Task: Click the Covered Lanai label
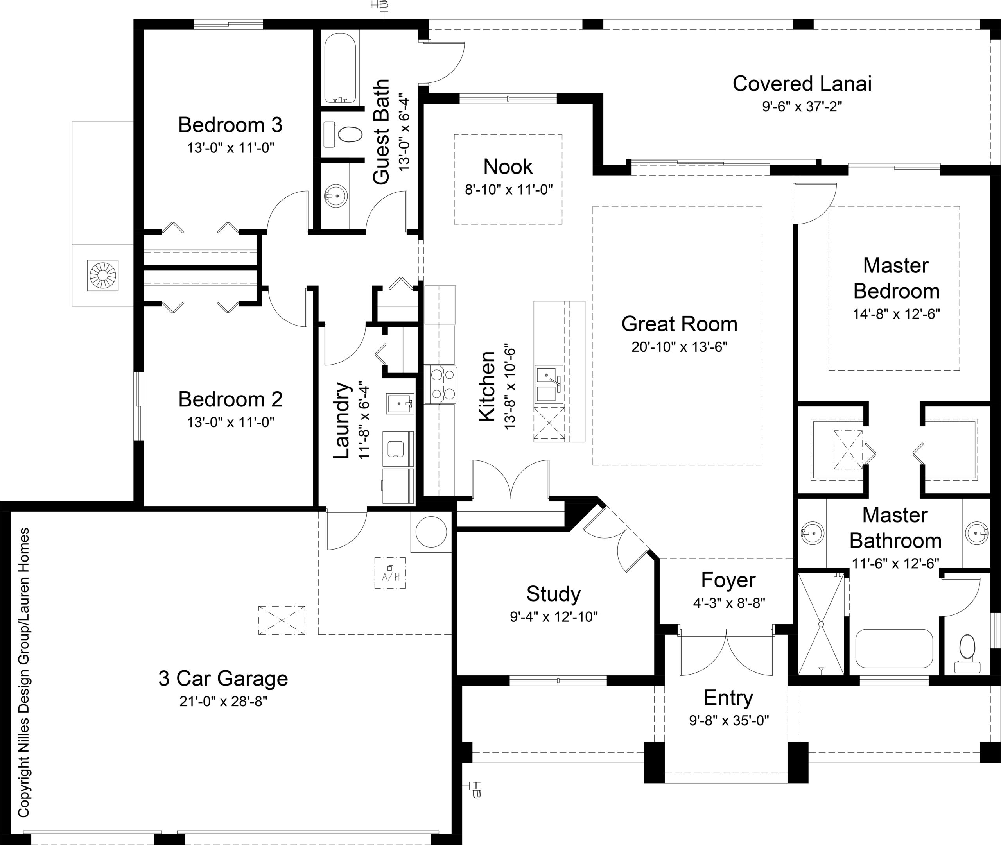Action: [802, 84]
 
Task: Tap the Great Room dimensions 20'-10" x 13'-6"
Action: [679, 347]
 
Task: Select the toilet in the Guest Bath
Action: [344, 134]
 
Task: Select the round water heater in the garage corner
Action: [431, 531]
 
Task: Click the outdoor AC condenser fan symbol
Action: [103, 275]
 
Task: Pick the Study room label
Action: [553, 594]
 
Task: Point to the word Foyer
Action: [728, 580]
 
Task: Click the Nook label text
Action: [508, 167]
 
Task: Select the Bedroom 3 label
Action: [230, 125]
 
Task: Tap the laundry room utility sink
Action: [400, 404]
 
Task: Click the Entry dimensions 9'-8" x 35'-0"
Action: [728, 720]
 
